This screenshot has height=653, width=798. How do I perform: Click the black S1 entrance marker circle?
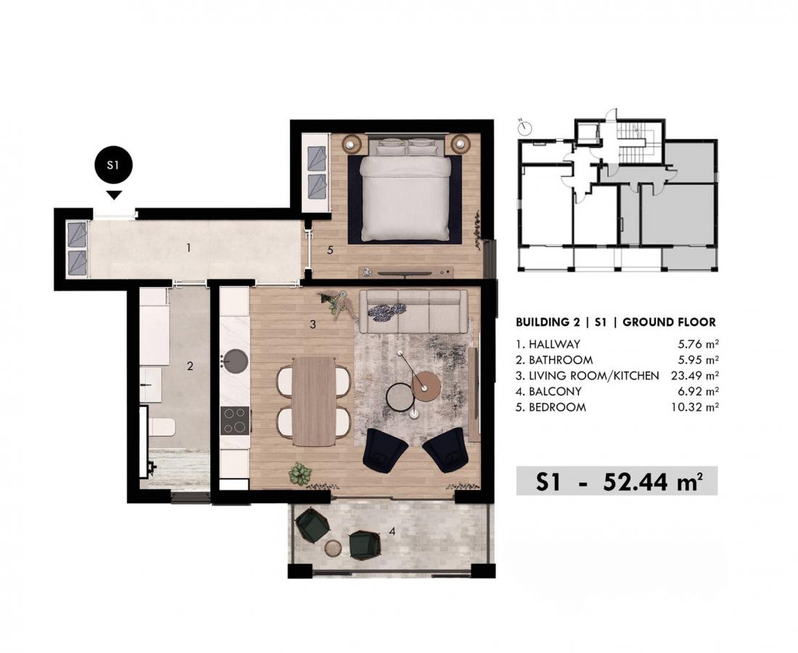coord(114,165)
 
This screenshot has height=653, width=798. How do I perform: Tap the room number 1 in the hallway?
coord(189,248)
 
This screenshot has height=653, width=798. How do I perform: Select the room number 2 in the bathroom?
coord(190,366)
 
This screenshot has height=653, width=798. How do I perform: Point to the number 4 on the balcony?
coord(392,531)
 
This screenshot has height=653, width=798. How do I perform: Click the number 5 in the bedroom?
coord(330,250)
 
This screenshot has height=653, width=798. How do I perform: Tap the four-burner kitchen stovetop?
coord(234,420)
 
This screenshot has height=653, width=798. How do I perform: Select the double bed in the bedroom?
coord(405,192)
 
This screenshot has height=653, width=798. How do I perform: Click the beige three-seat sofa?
coord(414,311)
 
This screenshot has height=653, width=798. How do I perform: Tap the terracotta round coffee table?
coord(426,386)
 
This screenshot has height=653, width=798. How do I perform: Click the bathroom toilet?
coord(162,427)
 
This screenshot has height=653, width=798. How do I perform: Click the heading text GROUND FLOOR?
coord(670,322)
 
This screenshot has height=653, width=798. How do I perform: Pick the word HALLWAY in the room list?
coord(554,344)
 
